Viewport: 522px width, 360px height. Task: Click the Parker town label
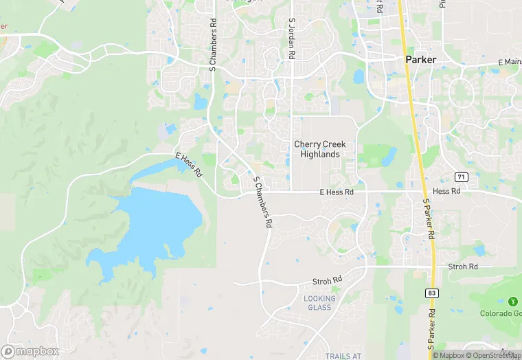(420, 60)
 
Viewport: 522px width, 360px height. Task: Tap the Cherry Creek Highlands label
(319, 149)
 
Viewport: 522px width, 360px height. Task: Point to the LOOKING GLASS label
(319, 303)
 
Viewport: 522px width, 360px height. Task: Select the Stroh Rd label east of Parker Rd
(462, 267)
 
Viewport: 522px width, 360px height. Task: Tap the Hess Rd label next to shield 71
(446, 191)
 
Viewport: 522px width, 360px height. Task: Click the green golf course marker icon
(512, 302)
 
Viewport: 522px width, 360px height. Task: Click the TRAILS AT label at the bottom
(342, 355)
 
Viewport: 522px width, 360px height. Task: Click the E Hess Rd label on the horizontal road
(337, 193)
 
